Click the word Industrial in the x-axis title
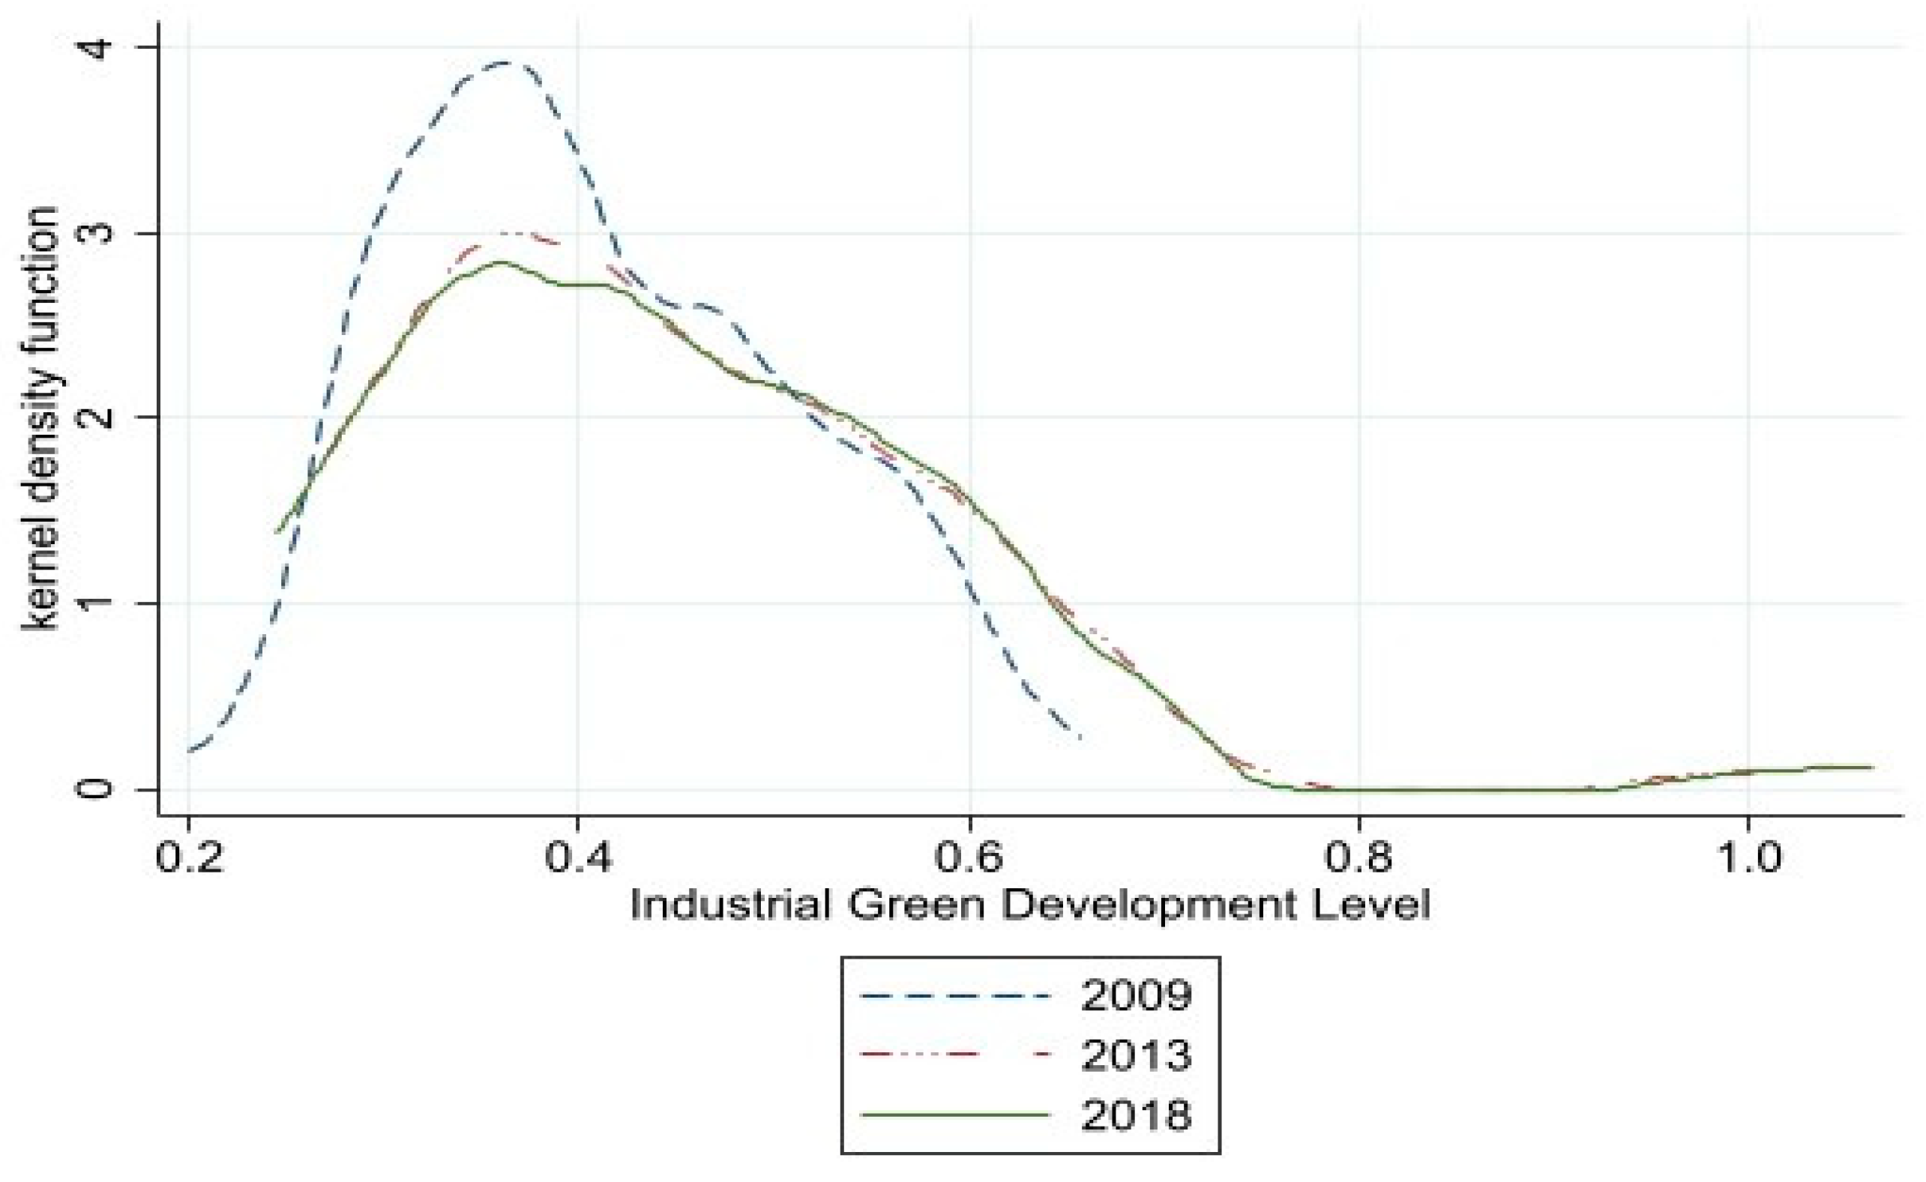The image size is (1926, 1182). coord(730,906)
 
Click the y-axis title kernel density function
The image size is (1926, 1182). coord(39,418)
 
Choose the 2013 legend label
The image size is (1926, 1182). coord(1135,1055)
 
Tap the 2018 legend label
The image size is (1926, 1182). coord(1135,1115)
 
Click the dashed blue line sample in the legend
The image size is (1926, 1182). coord(954,996)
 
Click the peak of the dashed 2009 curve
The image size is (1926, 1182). coord(507,62)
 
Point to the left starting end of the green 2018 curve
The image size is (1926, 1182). coord(277,532)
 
